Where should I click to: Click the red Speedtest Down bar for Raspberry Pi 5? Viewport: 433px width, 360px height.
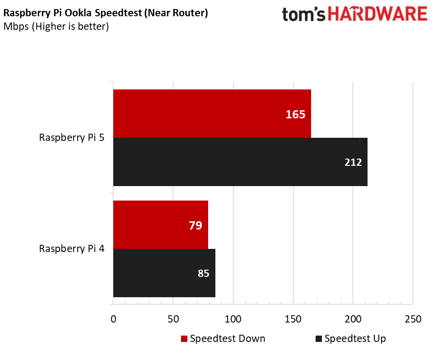(x=212, y=113)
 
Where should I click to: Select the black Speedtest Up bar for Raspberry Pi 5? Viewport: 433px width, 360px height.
(x=240, y=162)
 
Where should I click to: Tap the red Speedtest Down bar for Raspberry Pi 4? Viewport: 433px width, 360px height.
(x=160, y=224)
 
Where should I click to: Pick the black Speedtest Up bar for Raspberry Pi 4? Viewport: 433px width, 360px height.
(x=164, y=273)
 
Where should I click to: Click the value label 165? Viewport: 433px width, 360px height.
(x=295, y=114)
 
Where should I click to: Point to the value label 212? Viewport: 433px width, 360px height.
(x=353, y=162)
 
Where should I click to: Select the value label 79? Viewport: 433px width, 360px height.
(x=195, y=225)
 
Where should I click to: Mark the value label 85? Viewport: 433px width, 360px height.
(x=203, y=273)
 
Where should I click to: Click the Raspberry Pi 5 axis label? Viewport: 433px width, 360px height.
(x=72, y=138)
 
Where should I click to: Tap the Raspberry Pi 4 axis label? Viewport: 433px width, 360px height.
(x=72, y=249)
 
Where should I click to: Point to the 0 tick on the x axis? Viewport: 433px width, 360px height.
(x=113, y=319)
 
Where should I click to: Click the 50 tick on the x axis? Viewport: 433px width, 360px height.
(x=173, y=319)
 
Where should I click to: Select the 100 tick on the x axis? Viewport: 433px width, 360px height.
(x=233, y=319)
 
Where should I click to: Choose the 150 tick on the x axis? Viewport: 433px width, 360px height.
(x=293, y=319)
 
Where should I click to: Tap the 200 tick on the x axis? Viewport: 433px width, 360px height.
(x=353, y=319)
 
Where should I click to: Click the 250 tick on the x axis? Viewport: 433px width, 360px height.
(x=413, y=319)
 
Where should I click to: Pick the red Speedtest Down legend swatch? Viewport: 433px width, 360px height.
(x=184, y=339)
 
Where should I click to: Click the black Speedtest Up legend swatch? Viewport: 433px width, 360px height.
(x=319, y=339)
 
